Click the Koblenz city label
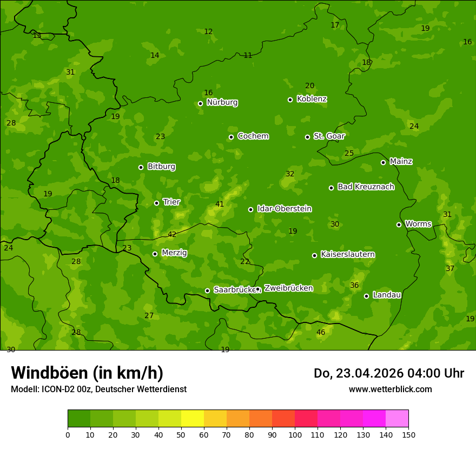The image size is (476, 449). click(x=312, y=99)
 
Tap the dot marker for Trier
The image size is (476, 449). click(x=156, y=203)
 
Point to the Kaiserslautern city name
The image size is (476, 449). click(x=348, y=254)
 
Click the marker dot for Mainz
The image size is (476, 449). click(x=383, y=162)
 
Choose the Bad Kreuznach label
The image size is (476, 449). click(x=366, y=187)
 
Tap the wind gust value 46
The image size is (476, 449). click(x=321, y=332)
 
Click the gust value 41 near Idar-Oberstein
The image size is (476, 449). click(x=220, y=204)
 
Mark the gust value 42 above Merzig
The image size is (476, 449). click(x=172, y=234)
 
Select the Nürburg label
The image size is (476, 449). click(x=222, y=102)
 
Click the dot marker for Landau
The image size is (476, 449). click(x=366, y=296)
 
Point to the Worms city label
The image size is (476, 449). click(x=418, y=224)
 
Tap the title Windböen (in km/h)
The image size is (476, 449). click(x=87, y=373)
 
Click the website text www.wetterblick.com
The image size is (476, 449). click(x=390, y=389)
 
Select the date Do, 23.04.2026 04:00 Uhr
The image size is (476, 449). click(x=389, y=373)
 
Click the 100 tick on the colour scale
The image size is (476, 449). click(x=295, y=434)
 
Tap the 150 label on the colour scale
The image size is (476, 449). click(x=408, y=434)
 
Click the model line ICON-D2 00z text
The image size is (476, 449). click(x=98, y=389)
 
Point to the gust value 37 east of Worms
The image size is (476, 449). click(x=450, y=268)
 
